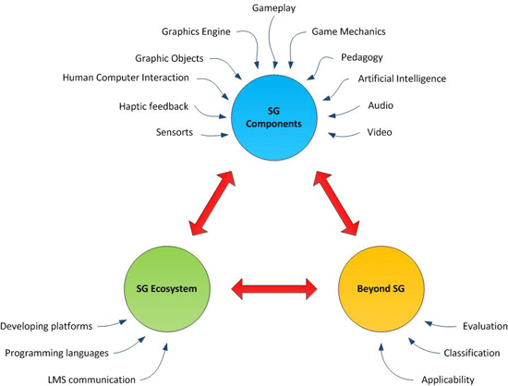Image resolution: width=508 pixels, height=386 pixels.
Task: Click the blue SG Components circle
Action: tap(273, 117)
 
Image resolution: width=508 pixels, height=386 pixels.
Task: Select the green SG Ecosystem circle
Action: tap(167, 289)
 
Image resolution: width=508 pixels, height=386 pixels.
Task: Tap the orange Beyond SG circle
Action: tap(381, 289)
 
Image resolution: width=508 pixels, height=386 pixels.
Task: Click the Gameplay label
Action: tap(273, 7)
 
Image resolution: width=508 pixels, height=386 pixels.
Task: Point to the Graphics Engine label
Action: tap(196, 31)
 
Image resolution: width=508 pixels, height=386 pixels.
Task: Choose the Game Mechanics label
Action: tap(348, 31)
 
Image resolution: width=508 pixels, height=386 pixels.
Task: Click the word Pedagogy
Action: tap(362, 57)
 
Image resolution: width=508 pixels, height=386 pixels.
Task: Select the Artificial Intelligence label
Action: tap(402, 78)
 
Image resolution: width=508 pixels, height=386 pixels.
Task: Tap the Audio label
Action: tap(381, 105)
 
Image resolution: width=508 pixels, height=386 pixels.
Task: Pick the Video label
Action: tap(380, 132)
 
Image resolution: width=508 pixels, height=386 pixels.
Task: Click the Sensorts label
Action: tap(175, 132)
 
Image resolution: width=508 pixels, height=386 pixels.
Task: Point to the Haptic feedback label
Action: tap(153, 106)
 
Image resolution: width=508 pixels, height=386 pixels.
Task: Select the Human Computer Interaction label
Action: tap(126, 78)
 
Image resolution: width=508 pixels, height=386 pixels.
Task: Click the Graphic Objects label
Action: tap(169, 58)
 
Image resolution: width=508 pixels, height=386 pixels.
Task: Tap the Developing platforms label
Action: tap(46, 326)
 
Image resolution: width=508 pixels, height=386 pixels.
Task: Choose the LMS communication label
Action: tap(91, 380)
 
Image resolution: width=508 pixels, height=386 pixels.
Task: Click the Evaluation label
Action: tap(485, 326)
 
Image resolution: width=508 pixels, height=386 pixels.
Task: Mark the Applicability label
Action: tap(448, 380)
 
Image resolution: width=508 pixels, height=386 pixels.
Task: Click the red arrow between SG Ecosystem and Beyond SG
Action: tap(274, 288)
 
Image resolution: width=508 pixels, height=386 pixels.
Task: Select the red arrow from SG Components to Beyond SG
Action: tap(336, 203)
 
